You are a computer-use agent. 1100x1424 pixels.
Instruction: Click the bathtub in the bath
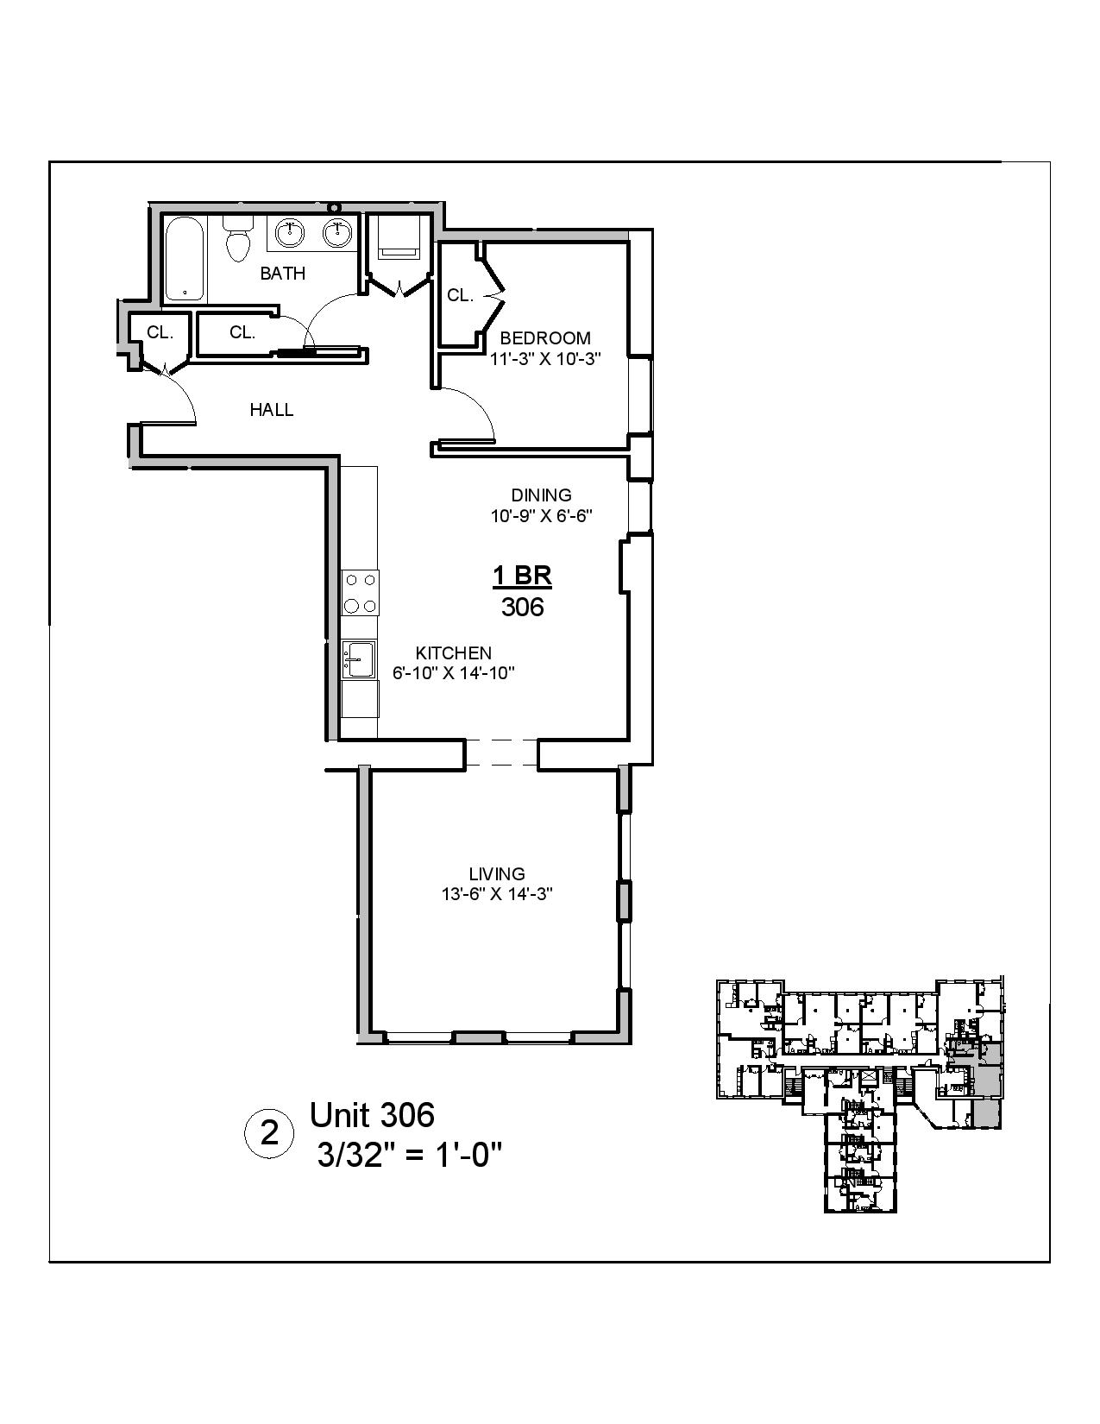click(x=185, y=259)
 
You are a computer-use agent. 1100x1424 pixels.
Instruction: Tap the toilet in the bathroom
click(x=237, y=238)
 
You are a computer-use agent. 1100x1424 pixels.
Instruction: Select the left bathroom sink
click(x=292, y=231)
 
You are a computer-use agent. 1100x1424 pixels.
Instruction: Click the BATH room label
click(x=283, y=274)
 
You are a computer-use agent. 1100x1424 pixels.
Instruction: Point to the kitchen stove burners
click(x=360, y=592)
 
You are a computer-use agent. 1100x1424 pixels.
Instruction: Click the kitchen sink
click(x=357, y=660)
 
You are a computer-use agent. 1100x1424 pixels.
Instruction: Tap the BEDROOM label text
click(x=545, y=338)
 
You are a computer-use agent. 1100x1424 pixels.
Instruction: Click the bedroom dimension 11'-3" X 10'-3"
click(x=545, y=359)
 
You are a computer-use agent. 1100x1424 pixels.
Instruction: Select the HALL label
click(x=271, y=410)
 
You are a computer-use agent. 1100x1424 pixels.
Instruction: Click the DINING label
click(x=541, y=495)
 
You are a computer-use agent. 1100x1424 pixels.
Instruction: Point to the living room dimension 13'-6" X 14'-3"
click(x=497, y=895)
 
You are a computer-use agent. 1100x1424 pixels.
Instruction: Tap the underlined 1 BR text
click(x=522, y=575)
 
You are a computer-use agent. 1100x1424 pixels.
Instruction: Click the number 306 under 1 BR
click(x=523, y=608)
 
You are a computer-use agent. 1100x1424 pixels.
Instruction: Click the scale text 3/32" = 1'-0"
click(x=410, y=1154)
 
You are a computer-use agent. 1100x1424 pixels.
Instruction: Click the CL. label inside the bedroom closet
click(x=460, y=296)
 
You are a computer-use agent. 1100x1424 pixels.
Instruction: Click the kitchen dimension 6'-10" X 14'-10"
click(x=454, y=674)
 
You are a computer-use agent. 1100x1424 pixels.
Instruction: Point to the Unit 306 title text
click(x=372, y=1115)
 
